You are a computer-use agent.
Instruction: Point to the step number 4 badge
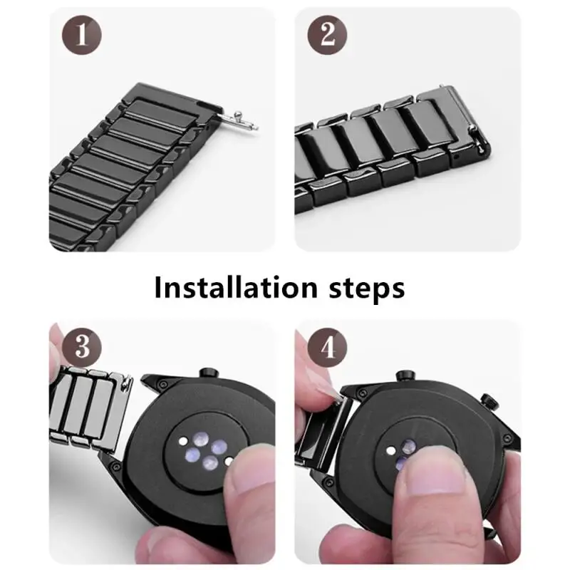[327, 348]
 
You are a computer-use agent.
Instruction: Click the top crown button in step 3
[207, 373]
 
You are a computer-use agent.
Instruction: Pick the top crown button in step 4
[405, 375]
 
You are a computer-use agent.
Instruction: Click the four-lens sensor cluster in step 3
[204, 450]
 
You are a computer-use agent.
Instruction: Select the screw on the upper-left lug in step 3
[164, 384]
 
